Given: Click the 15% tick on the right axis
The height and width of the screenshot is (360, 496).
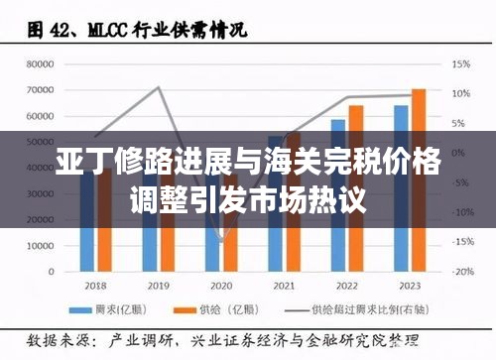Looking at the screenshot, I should point(461,64).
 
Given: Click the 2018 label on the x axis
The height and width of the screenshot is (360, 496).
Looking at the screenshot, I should point(94,286).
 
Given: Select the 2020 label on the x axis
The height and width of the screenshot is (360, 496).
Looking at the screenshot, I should point(221,286).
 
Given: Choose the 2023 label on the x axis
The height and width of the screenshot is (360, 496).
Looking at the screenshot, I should point(410,286).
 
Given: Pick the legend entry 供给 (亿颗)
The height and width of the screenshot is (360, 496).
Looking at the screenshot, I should point(233,308).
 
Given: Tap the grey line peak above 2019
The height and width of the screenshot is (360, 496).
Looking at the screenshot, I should point(158,87).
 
